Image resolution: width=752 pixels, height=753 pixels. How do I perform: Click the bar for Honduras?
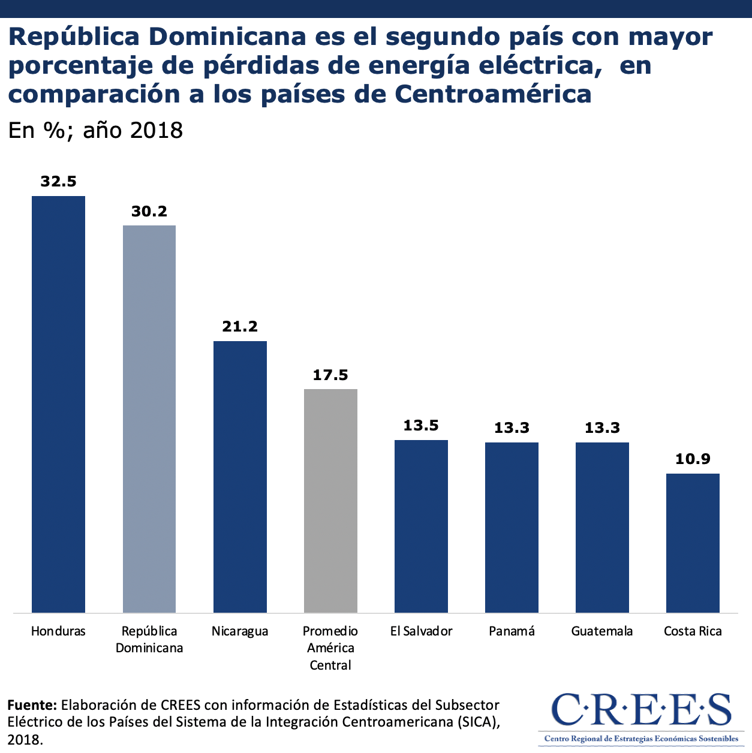point(58,404)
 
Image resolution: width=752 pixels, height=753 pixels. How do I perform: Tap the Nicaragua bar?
point(240,477)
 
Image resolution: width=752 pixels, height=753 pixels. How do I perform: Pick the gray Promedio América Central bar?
point(330,501)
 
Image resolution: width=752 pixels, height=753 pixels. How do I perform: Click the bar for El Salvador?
point(421,526)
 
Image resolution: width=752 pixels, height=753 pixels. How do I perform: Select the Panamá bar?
point(512,527)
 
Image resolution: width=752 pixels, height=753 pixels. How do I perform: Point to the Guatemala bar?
point(602,527)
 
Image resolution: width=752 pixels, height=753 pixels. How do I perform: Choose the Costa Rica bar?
point(693,543)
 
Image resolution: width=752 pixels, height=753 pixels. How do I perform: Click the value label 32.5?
point(58,182)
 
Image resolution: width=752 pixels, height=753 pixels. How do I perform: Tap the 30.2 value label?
point(149,211)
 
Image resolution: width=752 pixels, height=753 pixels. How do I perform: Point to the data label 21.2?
point(240,327)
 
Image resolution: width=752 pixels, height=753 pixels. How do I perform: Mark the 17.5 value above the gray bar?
point(330,375)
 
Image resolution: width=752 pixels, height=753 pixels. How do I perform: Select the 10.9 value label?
point(693,459)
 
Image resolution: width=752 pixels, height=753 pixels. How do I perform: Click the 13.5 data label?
point(421,426)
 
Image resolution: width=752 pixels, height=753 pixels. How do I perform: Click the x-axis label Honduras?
point(58,631)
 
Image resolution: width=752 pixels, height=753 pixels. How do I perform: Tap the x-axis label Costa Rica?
point(693,631)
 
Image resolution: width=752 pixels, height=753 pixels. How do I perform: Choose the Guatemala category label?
point(602,631)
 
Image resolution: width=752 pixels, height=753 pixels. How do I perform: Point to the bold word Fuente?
point(32,704)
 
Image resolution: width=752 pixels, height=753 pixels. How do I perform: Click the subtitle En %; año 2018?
point(95,130)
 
